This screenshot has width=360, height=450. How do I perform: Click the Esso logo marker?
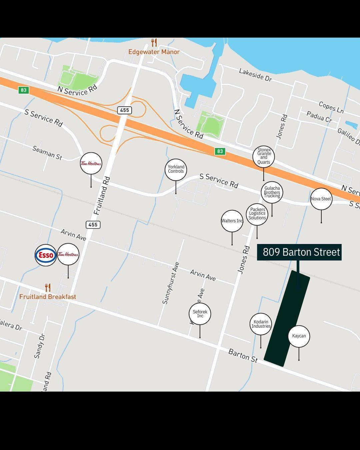pyautogui.click(x=46, y=255)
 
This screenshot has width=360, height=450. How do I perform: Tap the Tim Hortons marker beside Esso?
pyautogui.click(x=68, y=255)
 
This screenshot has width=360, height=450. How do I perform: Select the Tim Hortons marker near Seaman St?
pyautogui.click(x=91, y=163)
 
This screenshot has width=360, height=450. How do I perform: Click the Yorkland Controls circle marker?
pyautogui.click(x=176, y=169)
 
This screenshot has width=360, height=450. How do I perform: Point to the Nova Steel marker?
pyautogui.click(x=321, y=199)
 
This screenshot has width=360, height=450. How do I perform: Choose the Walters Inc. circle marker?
pyautogui.click(x=232, y=221)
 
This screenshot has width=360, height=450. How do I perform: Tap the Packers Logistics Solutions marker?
pyautogui.click(x=257, y=214)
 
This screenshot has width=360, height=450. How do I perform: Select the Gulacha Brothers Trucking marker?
pyautogui.click(x=272, y=192)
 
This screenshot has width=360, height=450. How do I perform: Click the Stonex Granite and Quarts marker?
pyautogui.click(x=264, y=157)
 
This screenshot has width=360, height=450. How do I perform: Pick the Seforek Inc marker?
pyautogui.click(x=200, y=314)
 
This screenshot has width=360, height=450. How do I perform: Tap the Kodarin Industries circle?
pyautogui.click(x=261, y=324)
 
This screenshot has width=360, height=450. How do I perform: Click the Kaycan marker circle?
pyautogui.click(x=299, y=336)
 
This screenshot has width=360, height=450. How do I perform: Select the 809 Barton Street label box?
pyautogui.click(x=299, y=252)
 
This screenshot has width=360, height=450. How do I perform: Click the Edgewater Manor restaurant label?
pyautogui.click(x=154, y=52)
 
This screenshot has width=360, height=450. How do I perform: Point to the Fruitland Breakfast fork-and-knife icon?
pyautogui.click(x=48, y=287)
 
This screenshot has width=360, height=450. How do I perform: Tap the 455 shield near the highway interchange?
pyautogui.click(x=124, y=110)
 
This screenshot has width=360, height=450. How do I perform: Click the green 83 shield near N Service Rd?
pyautogui.click(x=23, y=90)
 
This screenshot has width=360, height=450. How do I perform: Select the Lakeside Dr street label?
pyautogui.click(x=255, y=75)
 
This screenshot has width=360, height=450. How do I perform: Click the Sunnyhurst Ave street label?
pyautogui.click(x=171, y=283)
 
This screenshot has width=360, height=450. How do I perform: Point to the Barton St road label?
pyautogui.click(x=243, y=355)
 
